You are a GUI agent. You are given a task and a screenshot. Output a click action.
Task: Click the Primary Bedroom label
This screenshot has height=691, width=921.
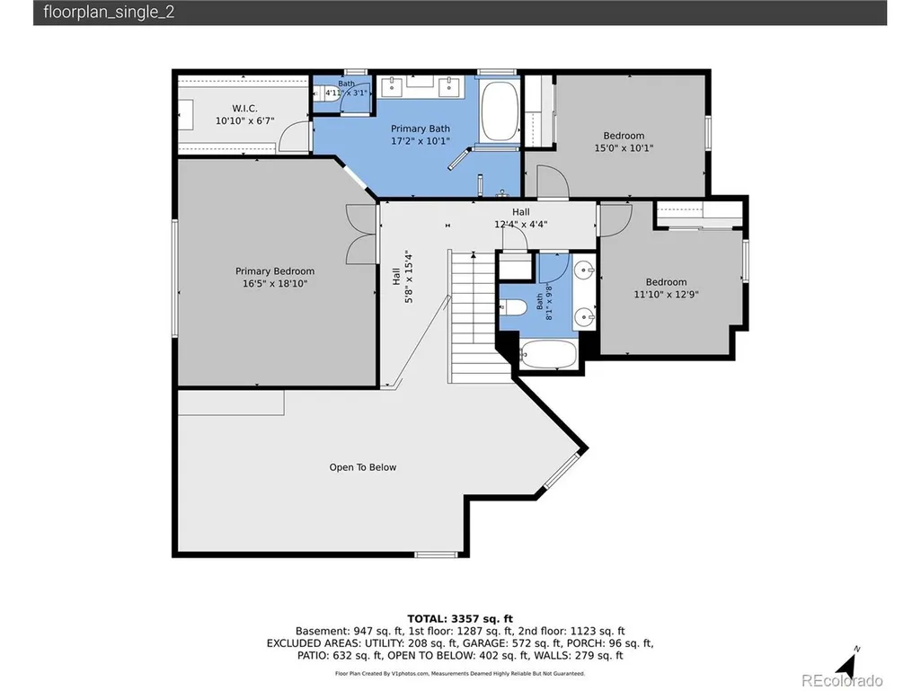click(275, 270)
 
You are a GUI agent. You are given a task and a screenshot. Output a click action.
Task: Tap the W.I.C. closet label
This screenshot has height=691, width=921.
click(244, 108)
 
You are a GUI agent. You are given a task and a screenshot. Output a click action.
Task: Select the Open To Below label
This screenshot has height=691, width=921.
click(362, 467)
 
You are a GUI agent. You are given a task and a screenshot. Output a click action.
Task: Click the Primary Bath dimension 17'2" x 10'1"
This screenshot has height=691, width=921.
click(421, 141)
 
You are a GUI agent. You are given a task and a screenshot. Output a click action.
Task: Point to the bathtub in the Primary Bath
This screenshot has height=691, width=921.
click(500, 111)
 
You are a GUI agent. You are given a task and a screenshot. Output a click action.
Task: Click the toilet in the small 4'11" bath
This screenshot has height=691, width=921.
click(323, 93)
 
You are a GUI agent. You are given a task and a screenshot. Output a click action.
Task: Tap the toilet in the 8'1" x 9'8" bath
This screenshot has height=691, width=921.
click(513, 306)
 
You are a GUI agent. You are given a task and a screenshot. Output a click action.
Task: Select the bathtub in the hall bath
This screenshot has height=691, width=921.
click(548, 354)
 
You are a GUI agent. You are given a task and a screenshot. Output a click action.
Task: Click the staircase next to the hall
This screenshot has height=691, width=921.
click(479, 316)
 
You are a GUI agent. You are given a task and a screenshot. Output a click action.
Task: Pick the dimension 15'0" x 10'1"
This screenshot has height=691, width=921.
click(624, 148)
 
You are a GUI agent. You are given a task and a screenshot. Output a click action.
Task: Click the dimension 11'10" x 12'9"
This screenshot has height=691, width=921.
click(666, 295)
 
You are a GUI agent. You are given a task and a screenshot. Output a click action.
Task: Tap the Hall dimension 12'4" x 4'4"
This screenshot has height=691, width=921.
click(521, 224)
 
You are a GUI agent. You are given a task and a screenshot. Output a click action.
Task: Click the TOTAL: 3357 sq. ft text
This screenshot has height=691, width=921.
click(460, 619)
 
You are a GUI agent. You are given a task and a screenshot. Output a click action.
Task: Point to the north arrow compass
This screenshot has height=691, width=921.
click(847, 663)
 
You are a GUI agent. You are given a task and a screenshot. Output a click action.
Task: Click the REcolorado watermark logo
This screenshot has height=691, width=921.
click(842, 680)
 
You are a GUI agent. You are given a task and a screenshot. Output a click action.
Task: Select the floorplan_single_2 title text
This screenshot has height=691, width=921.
click(109, 13)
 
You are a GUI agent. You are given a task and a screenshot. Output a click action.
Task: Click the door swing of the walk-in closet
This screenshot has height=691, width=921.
click(293, 137)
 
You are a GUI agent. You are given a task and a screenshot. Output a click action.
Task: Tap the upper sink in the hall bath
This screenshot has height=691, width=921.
click(584, 270)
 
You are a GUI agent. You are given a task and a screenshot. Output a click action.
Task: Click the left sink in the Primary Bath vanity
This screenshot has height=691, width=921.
click(391, 86)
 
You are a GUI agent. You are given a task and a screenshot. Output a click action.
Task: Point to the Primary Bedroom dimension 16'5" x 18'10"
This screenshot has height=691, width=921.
click(275, 284)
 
